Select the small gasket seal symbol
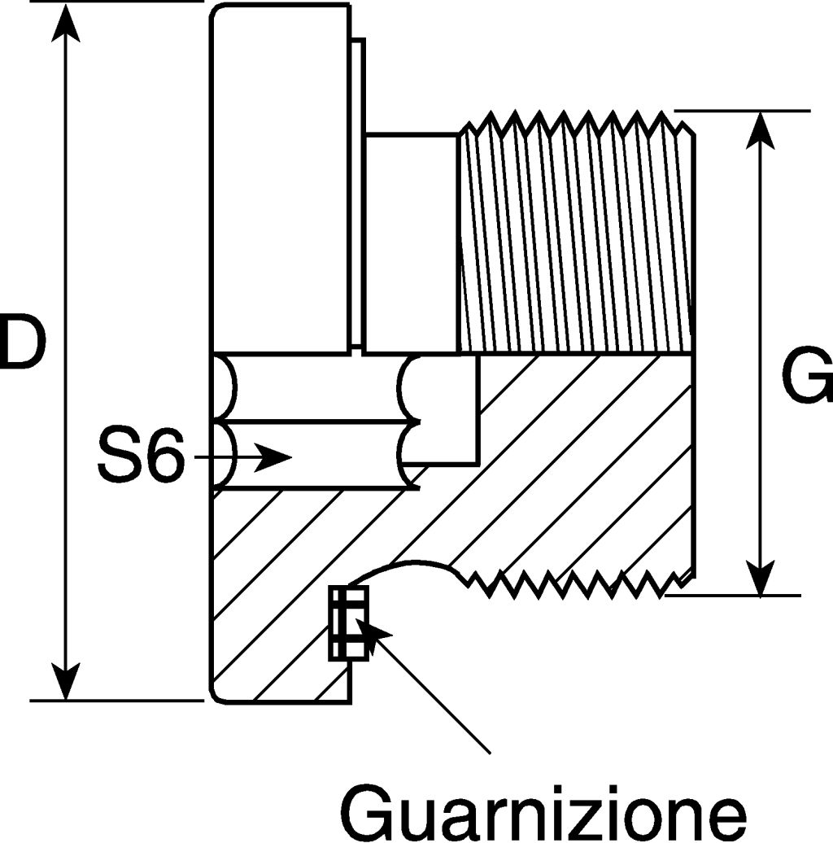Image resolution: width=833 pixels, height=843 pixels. [348, 622]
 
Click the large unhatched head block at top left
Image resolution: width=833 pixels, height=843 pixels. [281, 179]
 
